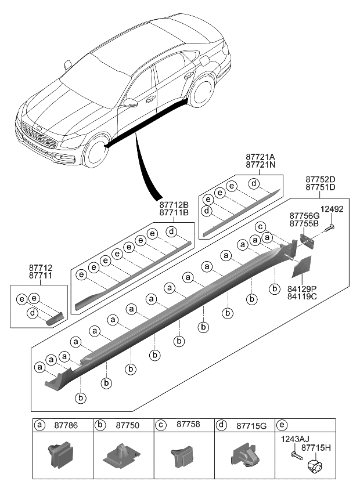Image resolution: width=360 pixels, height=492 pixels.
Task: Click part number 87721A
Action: click(260, 157)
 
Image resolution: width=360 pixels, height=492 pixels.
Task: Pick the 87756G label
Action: click(304, 215)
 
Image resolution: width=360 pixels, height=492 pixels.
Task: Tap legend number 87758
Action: click(186, 425)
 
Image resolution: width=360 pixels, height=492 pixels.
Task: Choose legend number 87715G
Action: click(251, 425)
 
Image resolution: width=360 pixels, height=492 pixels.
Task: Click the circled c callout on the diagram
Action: click(261, 226)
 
